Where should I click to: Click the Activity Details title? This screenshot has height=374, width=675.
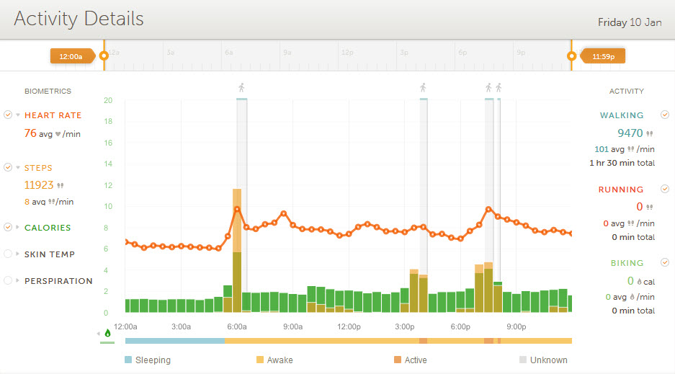(79, 19)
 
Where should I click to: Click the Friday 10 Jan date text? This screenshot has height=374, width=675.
(629, 22)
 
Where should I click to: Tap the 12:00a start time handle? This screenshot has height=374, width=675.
(71, 55)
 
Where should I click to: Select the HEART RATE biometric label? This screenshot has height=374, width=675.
(53, 115)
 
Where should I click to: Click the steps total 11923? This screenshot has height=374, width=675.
(39, 184)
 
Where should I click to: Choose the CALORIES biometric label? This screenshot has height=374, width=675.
(48, 228)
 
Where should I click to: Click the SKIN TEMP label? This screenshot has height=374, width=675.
(50, 254)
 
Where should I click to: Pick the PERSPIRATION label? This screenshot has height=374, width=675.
(58, 281)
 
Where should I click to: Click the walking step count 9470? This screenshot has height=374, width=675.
(629, 133)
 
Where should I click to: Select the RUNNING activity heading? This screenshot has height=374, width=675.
(621, 190)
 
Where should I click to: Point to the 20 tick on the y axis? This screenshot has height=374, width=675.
(107, 100)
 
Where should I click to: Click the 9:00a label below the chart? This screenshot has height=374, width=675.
(292, 326)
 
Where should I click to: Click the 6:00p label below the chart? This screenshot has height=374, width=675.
(460, 326)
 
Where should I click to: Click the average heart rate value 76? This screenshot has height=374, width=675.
(30, 133)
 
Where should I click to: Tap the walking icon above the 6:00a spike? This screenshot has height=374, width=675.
(241, 88)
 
